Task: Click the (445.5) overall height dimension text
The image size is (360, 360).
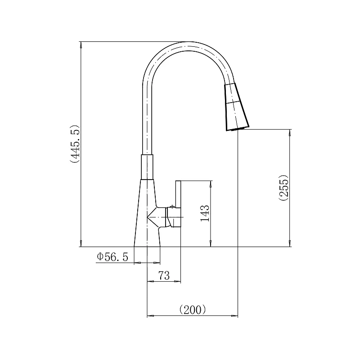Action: [75, 144]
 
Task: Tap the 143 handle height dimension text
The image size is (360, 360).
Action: [205, 213]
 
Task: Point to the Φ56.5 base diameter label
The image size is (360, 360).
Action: [112, 256]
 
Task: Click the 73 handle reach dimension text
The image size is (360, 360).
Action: [164, 275]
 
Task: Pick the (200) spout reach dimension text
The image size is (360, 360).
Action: [193, 310]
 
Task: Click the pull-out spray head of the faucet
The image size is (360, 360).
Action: [237, 107]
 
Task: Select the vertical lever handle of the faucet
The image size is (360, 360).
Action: [178, 203]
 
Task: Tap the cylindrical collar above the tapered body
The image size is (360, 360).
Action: [147, 166]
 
